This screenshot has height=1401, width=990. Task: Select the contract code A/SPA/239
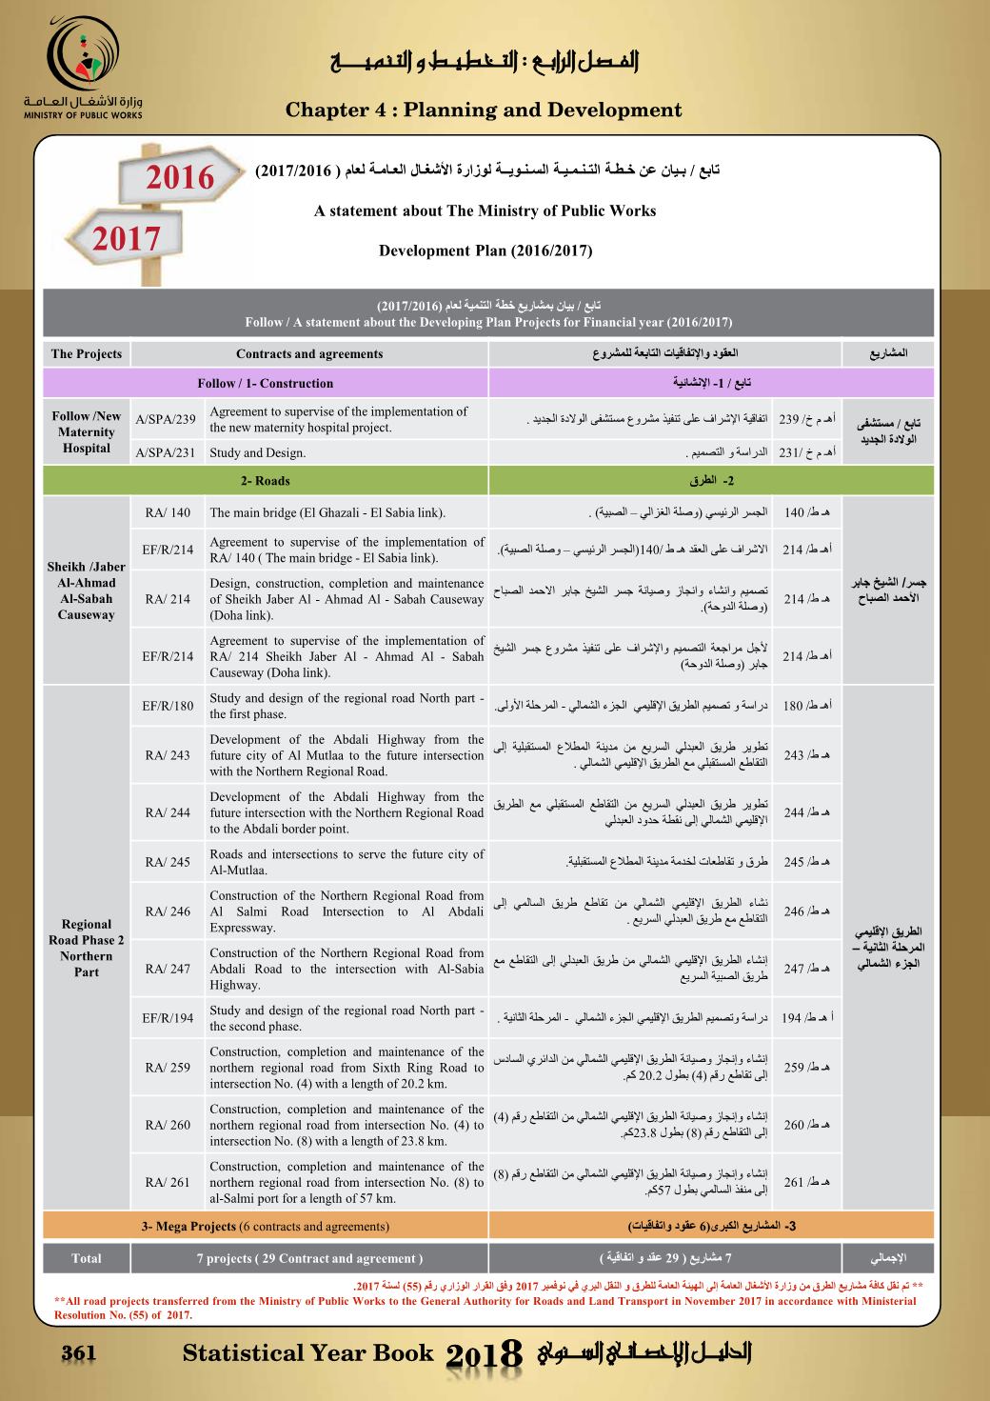click(166, 419)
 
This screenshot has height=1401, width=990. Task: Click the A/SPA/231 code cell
click(166, 453)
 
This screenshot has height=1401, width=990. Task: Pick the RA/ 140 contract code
click(168, 513)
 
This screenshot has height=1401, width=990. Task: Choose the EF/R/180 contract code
click(168, 706)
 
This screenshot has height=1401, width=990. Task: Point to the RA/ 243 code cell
click(168, 755)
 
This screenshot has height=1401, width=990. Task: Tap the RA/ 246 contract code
click(168, 911)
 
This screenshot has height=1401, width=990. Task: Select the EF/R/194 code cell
click(168, 1018)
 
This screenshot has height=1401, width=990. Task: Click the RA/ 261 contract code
click(168, 1182)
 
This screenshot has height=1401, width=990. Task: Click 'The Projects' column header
click(87, 354)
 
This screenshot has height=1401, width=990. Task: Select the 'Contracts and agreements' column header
click(309, 354)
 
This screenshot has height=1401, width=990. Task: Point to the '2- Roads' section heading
click(266, 481)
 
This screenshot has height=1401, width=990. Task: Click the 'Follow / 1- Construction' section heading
click(266, 384)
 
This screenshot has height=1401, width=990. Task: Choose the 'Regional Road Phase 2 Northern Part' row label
click(87, 948)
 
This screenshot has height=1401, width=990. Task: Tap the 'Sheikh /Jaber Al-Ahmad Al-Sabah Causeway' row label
click(87, 590)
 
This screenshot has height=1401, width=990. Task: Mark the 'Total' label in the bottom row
click(87, 1259)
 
